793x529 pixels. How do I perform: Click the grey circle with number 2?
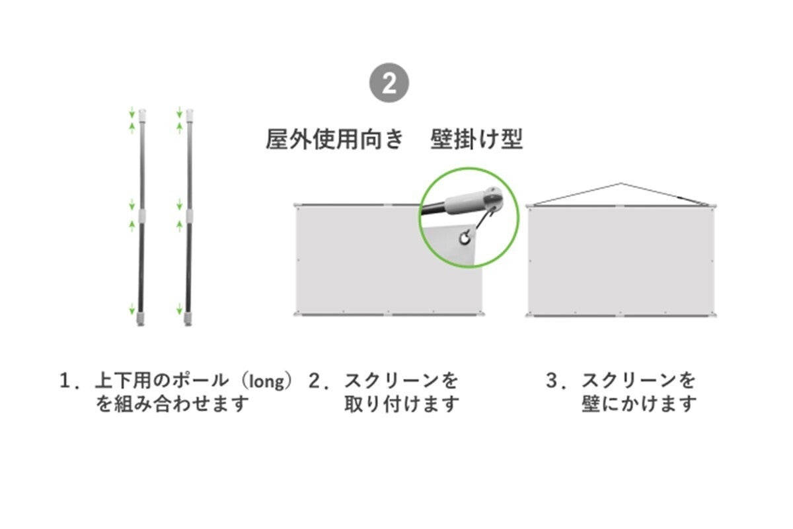click(389, 83)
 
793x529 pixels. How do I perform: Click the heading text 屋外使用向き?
click(335, 140)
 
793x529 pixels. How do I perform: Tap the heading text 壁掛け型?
click(476, 140)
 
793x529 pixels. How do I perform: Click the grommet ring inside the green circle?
click(465, 238)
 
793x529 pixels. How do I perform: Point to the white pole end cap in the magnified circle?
click(474, 202)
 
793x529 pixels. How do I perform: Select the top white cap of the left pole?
click(142, 114)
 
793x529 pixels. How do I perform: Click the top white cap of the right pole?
click(190, 114)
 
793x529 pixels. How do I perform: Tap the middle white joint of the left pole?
click(142, 214)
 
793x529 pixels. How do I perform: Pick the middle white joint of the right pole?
click(190, 214)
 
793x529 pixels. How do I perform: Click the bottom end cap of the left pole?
click(141, 319)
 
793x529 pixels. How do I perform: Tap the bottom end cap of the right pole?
click(188, 319)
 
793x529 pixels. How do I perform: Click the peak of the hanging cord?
click(621, 183)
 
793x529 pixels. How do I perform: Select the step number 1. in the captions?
click(68, 382)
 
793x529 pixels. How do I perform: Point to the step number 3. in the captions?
click(554, 382)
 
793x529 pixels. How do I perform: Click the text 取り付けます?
click(402, 404)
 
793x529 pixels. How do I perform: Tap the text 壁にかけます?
click(639, 404)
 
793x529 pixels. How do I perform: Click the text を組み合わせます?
click(172, 404)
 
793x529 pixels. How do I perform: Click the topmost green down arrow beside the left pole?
click(132, 112)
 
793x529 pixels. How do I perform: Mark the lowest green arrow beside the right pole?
click(180, 309)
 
